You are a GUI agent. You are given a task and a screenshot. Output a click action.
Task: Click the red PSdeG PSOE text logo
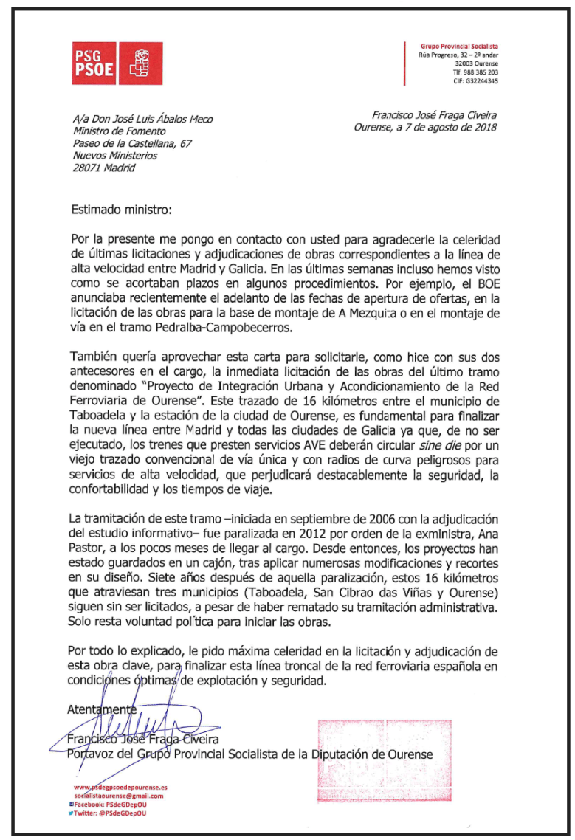point(94,63)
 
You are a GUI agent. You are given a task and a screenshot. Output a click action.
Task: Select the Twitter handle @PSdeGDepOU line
point(113,813)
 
